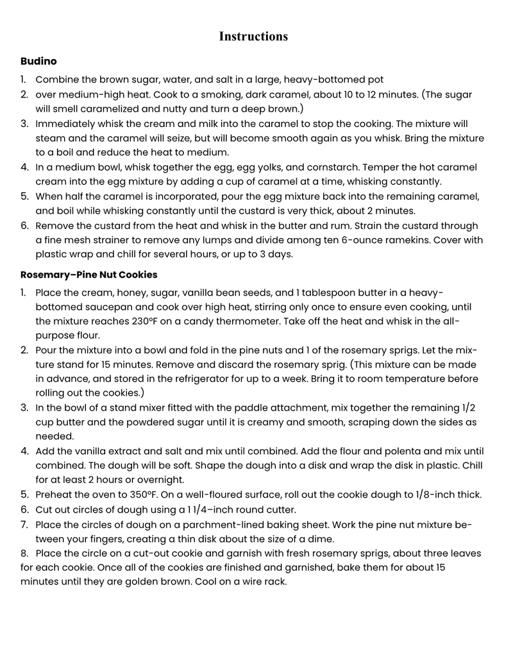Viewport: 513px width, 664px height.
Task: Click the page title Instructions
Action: pos(253,37)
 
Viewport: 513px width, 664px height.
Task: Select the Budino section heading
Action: pos(38,62)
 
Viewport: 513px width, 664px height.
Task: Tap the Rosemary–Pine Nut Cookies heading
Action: pos(88,275)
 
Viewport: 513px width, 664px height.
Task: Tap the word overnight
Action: pos(161,480)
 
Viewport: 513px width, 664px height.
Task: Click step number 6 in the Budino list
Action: pos(24,226)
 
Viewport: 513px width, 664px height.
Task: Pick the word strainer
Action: pos(111,240)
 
